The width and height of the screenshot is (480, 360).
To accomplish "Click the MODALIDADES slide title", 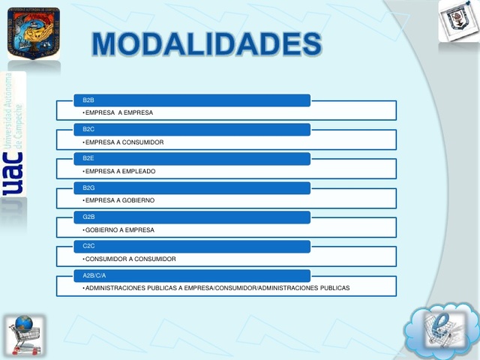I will pyautogui.click(x=206, y=45).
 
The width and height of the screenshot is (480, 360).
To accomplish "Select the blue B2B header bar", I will pyautogui.click(x=183, y=100).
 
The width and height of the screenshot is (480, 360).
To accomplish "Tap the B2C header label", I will pyautogui.click(x=88, y=129).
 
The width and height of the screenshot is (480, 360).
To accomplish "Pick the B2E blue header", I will pyautogui.click(x=183, y=158).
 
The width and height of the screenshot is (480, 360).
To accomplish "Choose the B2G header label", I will pyautogui.click(x=88, y=187).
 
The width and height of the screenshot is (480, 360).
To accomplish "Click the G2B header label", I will pyautogui.click(x=88, y=217).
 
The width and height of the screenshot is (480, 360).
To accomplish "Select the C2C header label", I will pyautogui.click(x=88, y=246).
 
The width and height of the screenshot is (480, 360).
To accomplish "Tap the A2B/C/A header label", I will pyautogui.click(x=94, y=275).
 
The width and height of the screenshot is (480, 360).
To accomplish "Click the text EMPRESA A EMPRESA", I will pyautogui.click(x=119, y=112).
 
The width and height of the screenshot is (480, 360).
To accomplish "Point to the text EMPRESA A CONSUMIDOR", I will pyautogui.click(x=124, y=142).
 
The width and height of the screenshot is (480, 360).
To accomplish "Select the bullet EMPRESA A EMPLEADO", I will pyautogui.click(x=121, y=171).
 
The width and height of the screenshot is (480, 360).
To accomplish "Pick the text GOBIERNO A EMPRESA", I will pyautogui.click(x=120, y=229).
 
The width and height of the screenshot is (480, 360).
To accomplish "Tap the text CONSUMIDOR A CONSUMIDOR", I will pyautogui.click(x=130, y=259).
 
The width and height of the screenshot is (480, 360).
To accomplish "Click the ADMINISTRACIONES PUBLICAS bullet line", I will pyautogui.click(x=217, y=288).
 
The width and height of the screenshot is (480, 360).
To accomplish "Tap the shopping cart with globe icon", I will pyautogui.click(x=26, y=334).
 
